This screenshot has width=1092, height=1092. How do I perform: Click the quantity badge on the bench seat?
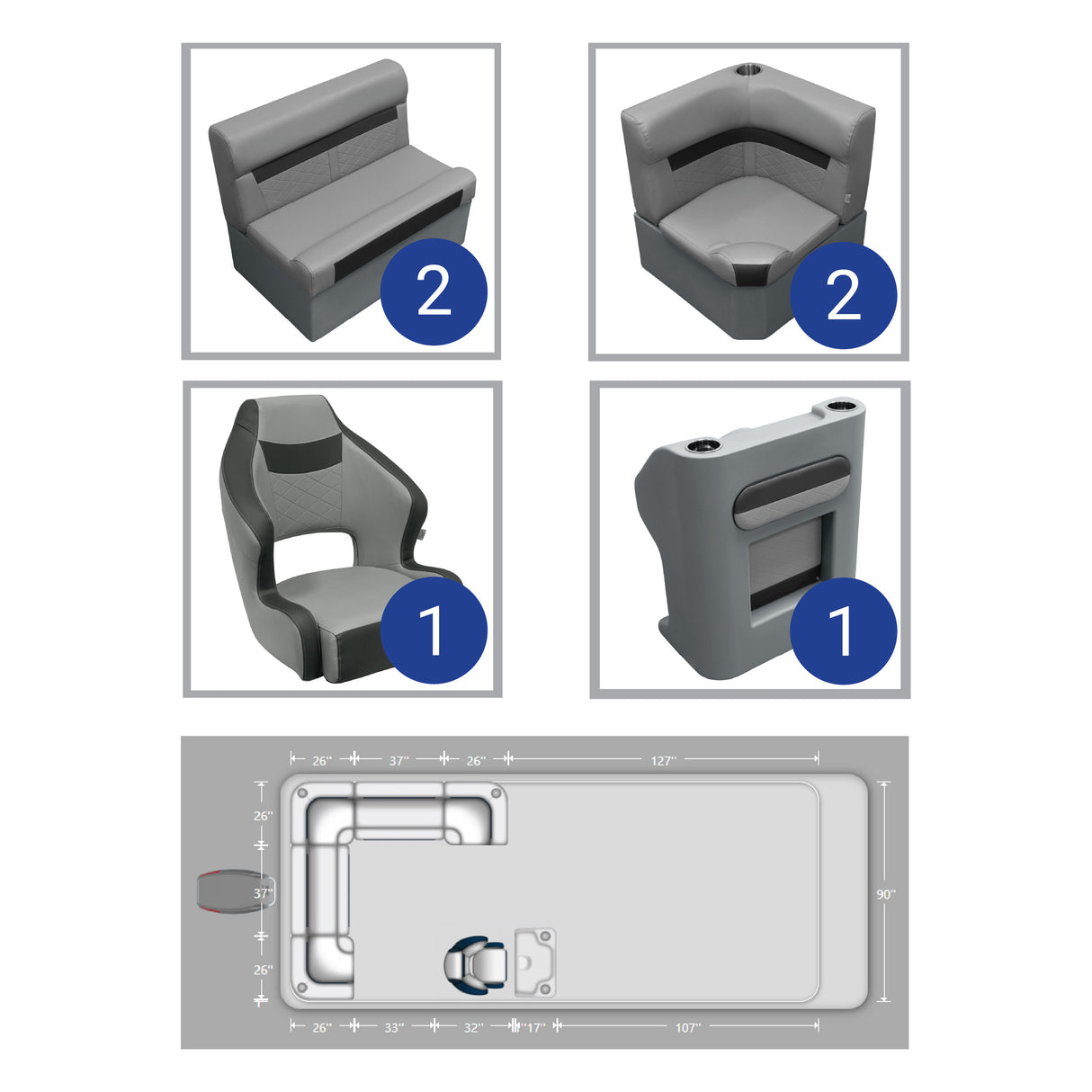[x=434, y=291]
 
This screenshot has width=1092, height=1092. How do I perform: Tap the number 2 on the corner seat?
[x=843, y=294]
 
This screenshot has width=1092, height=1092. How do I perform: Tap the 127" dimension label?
[x=663, y=761]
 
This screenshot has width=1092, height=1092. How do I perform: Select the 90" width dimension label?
[x=886, y=894]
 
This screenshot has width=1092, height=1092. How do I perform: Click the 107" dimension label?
[x=687, y=1027]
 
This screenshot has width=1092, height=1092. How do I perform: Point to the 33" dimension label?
[x=394, y=1027]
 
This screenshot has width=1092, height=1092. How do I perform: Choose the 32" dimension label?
[x=473, y=1027]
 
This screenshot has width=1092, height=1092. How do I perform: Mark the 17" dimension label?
[x=534, y=1027]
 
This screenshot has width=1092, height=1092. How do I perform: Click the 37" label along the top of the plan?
[x=399, y=761]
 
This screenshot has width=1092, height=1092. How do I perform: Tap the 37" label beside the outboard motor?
[x=262, y=894]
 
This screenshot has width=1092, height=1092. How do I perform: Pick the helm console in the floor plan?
[x=535, y=962]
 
